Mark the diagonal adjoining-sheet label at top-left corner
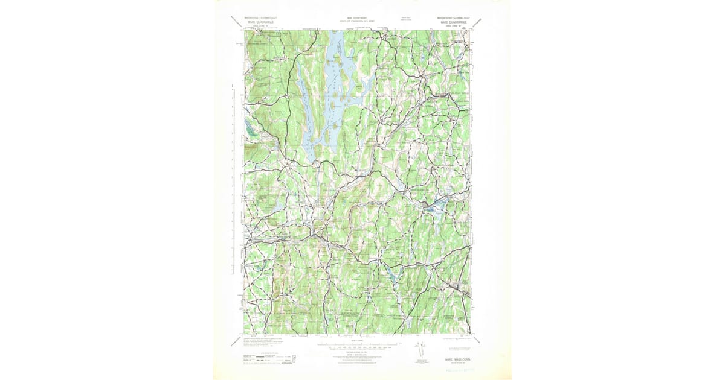point(237,22)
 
